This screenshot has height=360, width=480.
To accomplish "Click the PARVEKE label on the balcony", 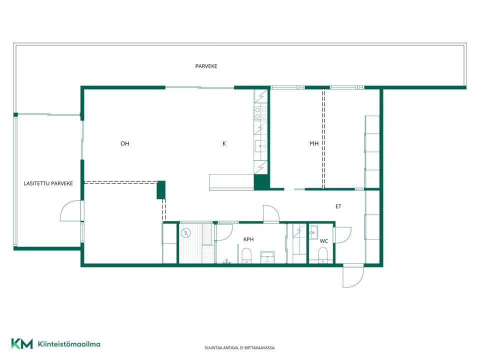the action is click(206, 66).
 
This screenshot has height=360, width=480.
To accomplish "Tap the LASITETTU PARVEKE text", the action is click(48, 183).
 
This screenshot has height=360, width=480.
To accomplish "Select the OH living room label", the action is click(124, 143).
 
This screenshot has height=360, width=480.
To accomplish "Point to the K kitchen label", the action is click(224, 143).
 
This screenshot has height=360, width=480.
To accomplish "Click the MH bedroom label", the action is click(314, 143).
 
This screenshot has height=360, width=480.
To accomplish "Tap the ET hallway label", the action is click(338, 206).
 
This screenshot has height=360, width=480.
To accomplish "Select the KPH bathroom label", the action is click(248, 239).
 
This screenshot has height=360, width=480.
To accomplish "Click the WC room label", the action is click(324, 241).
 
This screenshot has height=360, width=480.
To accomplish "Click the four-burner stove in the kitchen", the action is click(260, 113).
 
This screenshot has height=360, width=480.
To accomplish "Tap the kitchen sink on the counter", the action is click(260, 146).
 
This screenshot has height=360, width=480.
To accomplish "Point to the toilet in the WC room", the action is click(323, 255).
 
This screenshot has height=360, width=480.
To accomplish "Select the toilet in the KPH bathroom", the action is click(246, 255).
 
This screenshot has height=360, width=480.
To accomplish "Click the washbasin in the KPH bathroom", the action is click(267, 257).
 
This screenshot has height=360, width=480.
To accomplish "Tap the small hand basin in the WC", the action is click(313, 232).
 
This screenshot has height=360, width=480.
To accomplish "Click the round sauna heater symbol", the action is click(186, 233).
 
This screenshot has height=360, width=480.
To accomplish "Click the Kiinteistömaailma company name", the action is click(69, 344).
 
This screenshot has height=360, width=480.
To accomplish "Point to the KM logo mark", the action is click(21, 344).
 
